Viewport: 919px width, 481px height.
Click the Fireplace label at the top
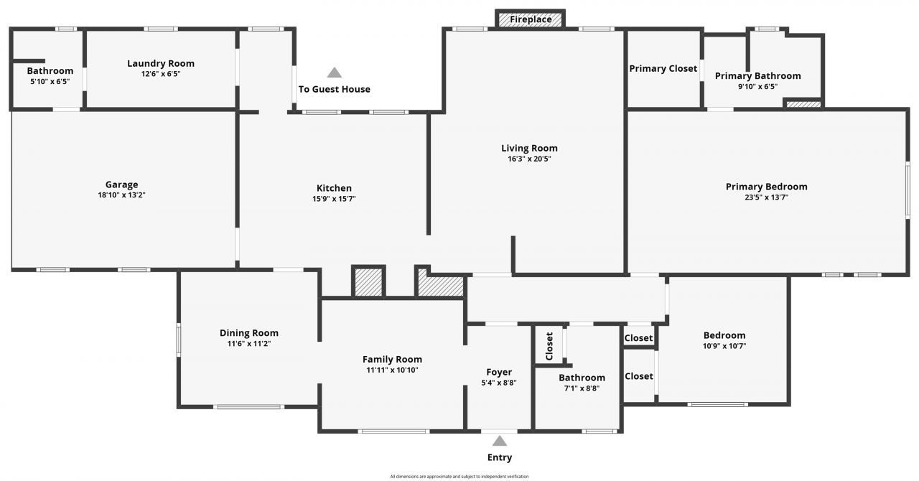coord(531,19)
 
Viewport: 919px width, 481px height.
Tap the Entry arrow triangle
coord(500,441)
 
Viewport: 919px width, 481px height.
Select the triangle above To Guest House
coord(335,73)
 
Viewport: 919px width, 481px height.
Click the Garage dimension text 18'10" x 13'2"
coord(122,195)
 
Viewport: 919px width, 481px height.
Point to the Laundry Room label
coord(161,63)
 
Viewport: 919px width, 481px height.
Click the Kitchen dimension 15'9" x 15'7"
coord(334,199)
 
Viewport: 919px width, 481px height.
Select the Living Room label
coord(529,149)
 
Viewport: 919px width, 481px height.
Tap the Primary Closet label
coord(663,68)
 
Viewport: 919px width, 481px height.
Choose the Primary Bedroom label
coord(766,187)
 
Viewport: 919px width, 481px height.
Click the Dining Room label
coord(248,333)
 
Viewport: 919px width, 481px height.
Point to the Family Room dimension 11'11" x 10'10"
coord(392,370)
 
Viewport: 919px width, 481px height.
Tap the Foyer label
coord(499,372)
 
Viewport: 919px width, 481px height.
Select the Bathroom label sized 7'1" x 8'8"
coord(582,378)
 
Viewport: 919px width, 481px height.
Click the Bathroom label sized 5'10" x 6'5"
coord(50,70)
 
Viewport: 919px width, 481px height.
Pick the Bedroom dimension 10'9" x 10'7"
coord(724,346)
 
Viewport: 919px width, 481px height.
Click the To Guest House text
coord(335,89)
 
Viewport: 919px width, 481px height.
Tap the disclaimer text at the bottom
coord(459,476)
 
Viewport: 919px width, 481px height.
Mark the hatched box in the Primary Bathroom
coord(803,105)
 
